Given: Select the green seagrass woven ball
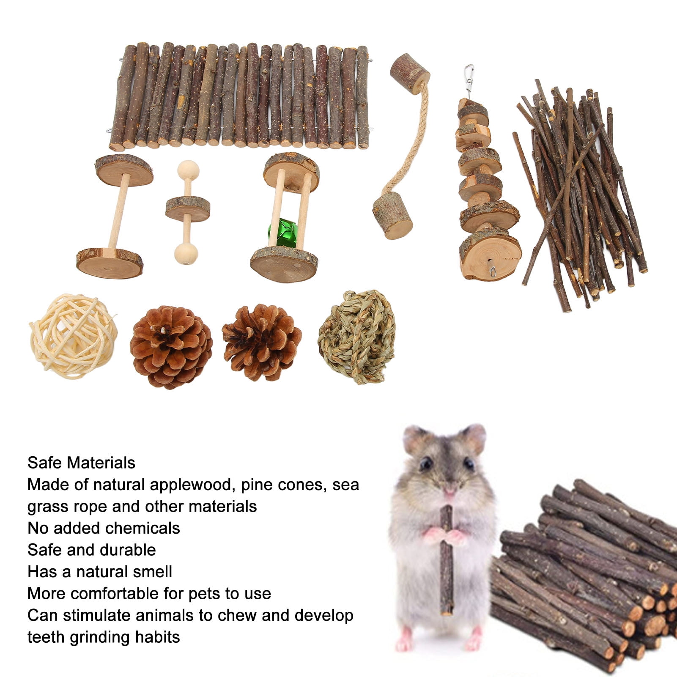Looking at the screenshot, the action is pyautogui.click(x=357, y=337).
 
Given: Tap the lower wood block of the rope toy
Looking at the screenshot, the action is pyautogui.click(x=392, y=216).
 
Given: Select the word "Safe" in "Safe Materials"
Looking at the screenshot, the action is pyautogui.click(x=44, y=463).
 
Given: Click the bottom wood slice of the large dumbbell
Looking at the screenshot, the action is pyautogui.click(x=110, y=263).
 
